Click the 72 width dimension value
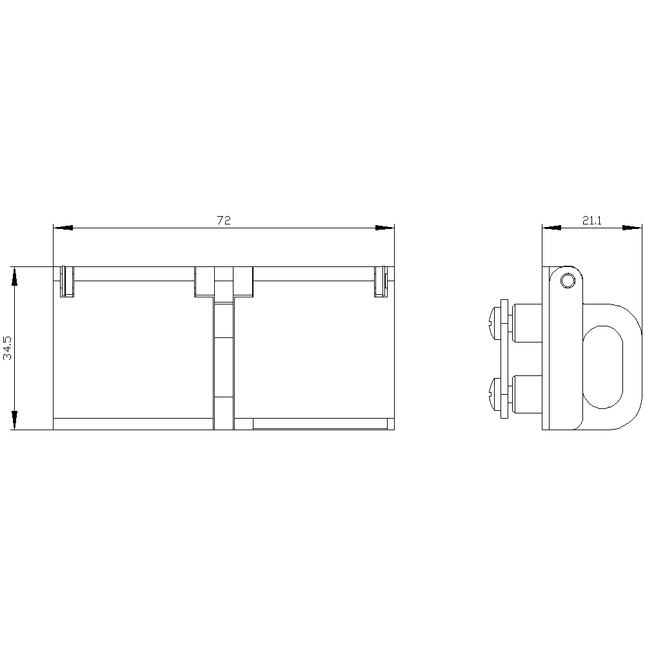[224, 221]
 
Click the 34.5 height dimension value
[8, 348]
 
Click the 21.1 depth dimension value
[592, 221]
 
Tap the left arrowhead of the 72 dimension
[63, 228]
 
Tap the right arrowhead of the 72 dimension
[384, 228]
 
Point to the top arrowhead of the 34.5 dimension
[14, 277]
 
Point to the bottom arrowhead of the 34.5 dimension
[14, 420]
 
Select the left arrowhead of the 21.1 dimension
[551, 228]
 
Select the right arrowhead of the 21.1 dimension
[632, 228]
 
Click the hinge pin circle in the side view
[568, 281]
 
